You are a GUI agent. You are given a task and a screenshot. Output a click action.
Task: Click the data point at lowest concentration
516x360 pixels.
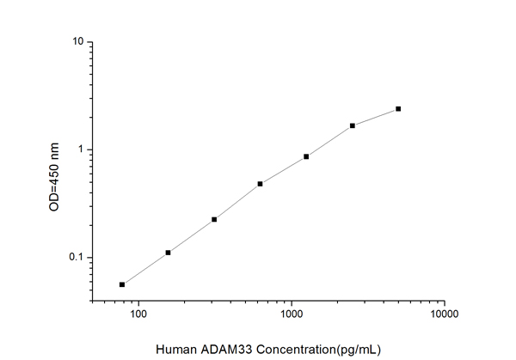tap(122, 284)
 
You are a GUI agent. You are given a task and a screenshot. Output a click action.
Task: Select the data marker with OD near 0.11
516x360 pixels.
tap(168, 253)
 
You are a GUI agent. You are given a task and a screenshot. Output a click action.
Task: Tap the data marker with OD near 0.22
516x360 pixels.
tap(214, 219)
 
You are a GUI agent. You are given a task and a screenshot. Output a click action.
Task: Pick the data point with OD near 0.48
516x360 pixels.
tap(260, 184)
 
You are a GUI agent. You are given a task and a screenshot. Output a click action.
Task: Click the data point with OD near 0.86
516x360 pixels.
tap(306, 156)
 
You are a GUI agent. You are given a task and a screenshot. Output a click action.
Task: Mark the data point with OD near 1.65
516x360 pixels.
tap(353, 125)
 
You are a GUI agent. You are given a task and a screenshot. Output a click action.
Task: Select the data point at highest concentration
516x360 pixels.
tap(398, 109)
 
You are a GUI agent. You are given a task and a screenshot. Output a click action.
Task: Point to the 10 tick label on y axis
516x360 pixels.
tap(77, 42)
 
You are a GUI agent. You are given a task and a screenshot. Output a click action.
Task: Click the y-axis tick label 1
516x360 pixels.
tap(81, 149)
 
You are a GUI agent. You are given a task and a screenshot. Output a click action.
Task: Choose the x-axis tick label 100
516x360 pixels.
tap(138, 316)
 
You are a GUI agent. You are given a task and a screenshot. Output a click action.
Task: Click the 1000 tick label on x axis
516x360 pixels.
tap(292, 316)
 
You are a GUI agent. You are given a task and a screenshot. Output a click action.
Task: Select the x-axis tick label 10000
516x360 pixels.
tap(444, 316)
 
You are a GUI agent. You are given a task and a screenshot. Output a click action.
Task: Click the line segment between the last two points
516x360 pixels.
tap(376, 117)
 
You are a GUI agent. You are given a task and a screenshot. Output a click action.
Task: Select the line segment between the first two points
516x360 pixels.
tap(144, 269)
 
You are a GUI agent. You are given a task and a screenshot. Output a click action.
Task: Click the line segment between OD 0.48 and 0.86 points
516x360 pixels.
tap(283, 170)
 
